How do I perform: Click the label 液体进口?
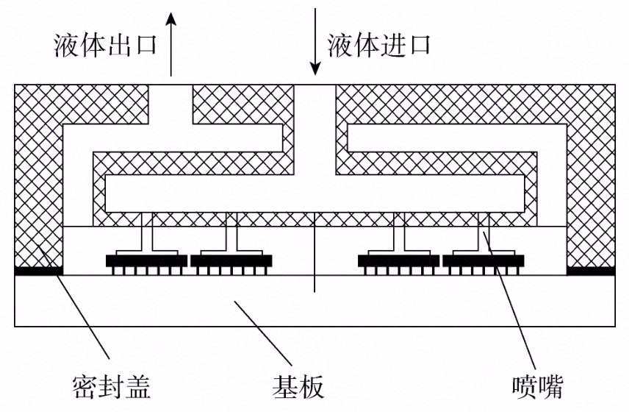pyautogui.click(x=379, y=46)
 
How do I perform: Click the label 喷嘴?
pyautogui.click(x=538, y=384)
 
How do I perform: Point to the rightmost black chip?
pyautogui.click(x=484, y=260)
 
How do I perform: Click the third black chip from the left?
pyautogui.click(x=398, y=260)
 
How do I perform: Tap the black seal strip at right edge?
pyautogui.click(x=591, y=271)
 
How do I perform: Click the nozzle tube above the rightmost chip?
pyautogui.click(x=484, y=232)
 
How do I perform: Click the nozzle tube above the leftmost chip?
pyautogui.click(x=151, y=232)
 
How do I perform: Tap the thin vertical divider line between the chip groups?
pyautogui.click(x=315, y=254)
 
